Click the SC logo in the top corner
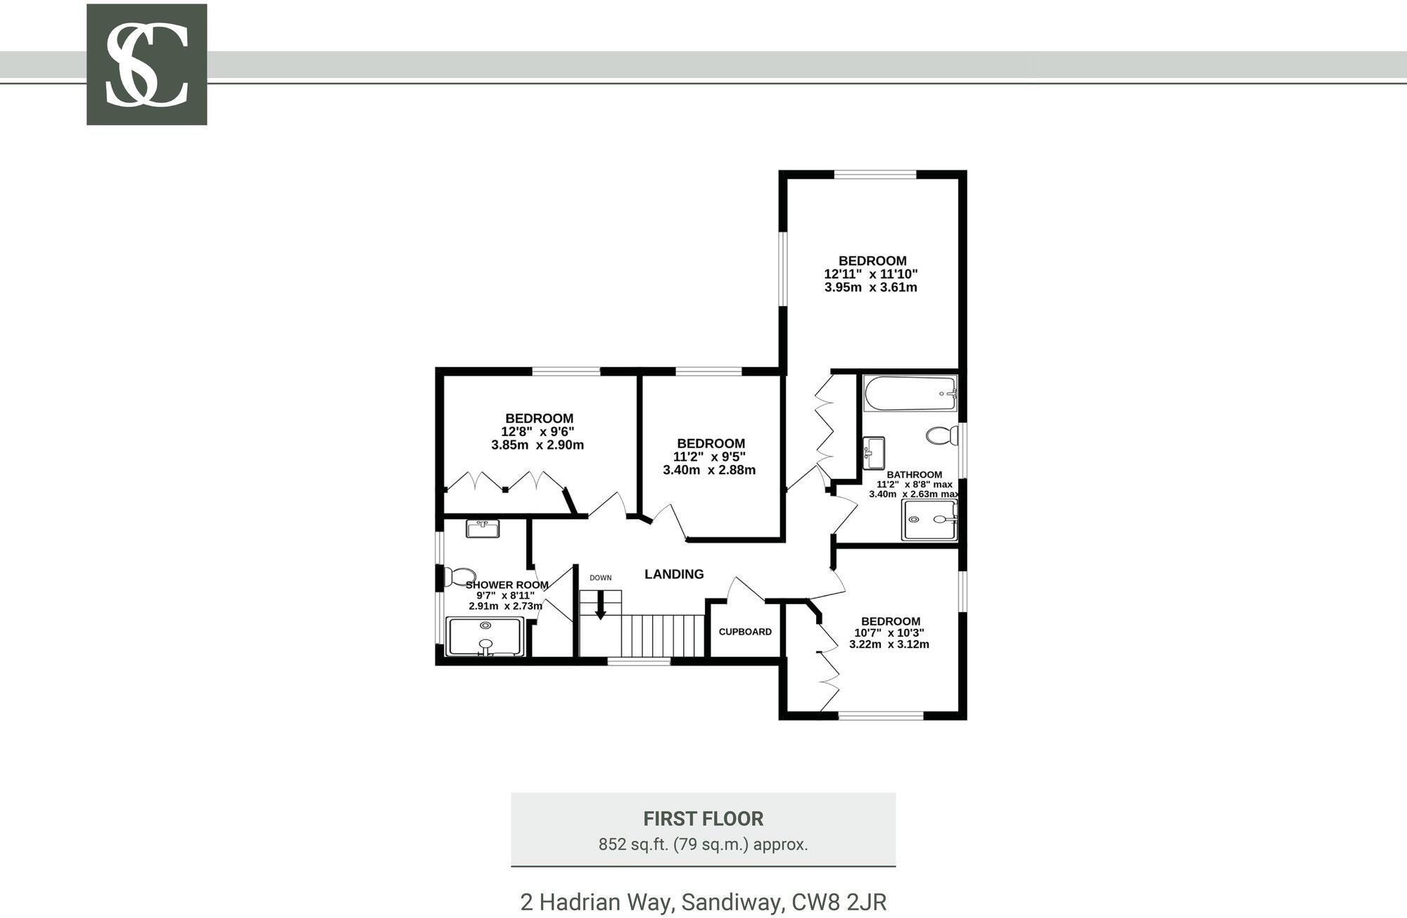tap(146, 64)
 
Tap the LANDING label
tap(674, 574)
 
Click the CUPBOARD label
tap(745, 632)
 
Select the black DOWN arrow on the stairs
tap(600, 606)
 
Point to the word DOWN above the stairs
tap(600, 578)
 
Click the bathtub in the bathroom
tap(910, 393)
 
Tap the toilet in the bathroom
tap(941, 435)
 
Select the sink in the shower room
tap(482, 528)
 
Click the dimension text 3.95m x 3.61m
tap(871, 287)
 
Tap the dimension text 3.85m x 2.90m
tap(537, 445)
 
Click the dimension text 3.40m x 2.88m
tap(709, 470)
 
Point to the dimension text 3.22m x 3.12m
tap(889, 644)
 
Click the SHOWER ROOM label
tap(507, 585)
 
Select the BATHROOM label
tap(914, 475)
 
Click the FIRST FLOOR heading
tap(703, 819)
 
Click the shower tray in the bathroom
tap(929, 520)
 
